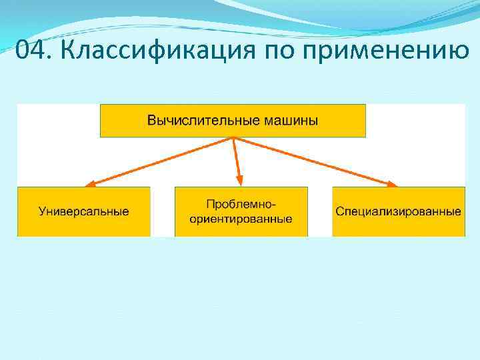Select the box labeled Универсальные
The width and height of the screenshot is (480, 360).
tap(84, 211)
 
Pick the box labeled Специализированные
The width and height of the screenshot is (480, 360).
tap(398, 211)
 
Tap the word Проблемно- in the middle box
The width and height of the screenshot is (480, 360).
tap(241, 203)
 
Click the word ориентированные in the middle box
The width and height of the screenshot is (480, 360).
tap(241, 219)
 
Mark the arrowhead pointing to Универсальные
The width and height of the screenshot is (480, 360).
tap(90, 183)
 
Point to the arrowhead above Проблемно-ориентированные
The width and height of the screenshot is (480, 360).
tap(240, 181)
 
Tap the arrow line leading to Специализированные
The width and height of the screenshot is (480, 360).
tap(313, 161)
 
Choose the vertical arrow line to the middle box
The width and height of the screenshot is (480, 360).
tap(237, 158)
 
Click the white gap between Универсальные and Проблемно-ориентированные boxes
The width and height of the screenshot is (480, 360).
tap(162, 211)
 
